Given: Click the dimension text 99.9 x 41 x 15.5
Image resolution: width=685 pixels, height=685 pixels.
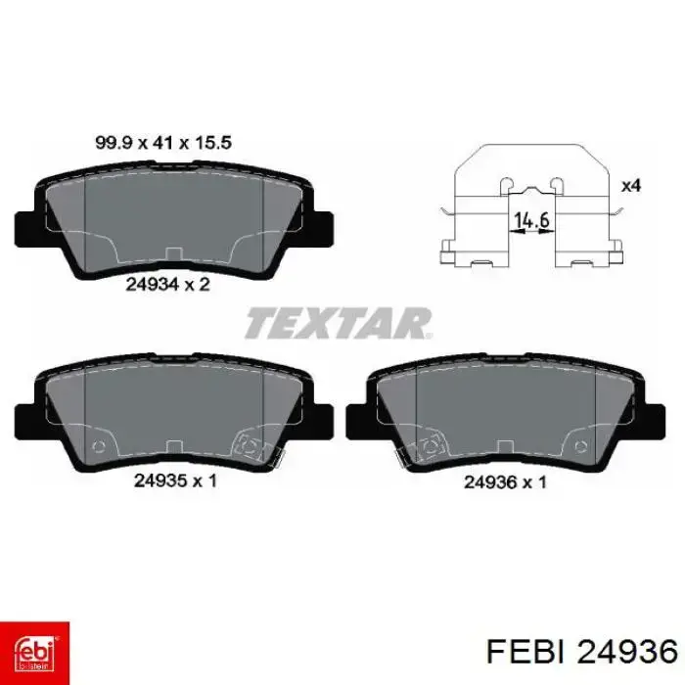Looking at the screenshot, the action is (x=163, y=143).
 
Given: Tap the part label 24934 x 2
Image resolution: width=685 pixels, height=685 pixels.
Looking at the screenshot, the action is (x=167, y=285).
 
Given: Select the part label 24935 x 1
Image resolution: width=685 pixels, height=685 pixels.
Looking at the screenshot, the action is (x=175, y=481).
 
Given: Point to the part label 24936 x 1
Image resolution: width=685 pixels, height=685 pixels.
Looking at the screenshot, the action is (x=505, y=482).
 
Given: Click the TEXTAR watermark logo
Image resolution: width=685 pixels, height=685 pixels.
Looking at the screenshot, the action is (x=339, y=323).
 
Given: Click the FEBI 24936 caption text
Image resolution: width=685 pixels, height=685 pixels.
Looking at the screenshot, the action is (x=582, y=653).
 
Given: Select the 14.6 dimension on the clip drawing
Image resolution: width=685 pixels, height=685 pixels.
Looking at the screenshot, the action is (x=531, y=220).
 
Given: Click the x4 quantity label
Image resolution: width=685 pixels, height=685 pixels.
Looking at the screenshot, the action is (x=631, y=186).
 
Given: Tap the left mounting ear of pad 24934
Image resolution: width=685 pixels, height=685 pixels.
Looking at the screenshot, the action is (x=25, y=229).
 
